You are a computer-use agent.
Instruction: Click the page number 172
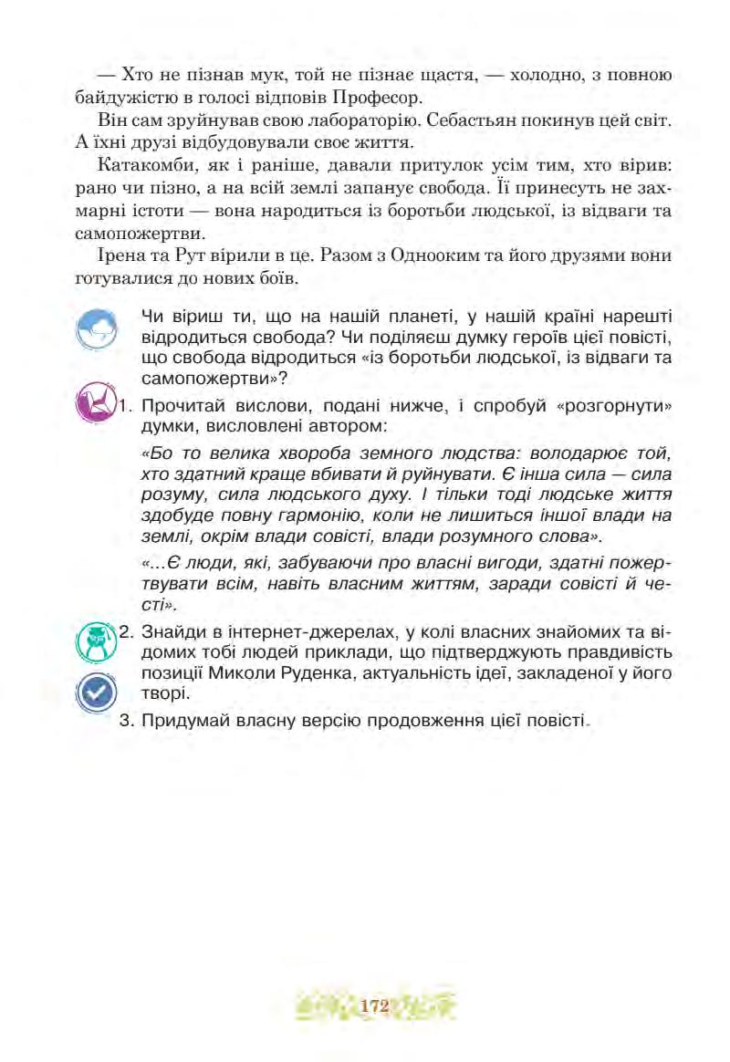(374, 1006)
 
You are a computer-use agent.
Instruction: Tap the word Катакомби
(145, 167)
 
